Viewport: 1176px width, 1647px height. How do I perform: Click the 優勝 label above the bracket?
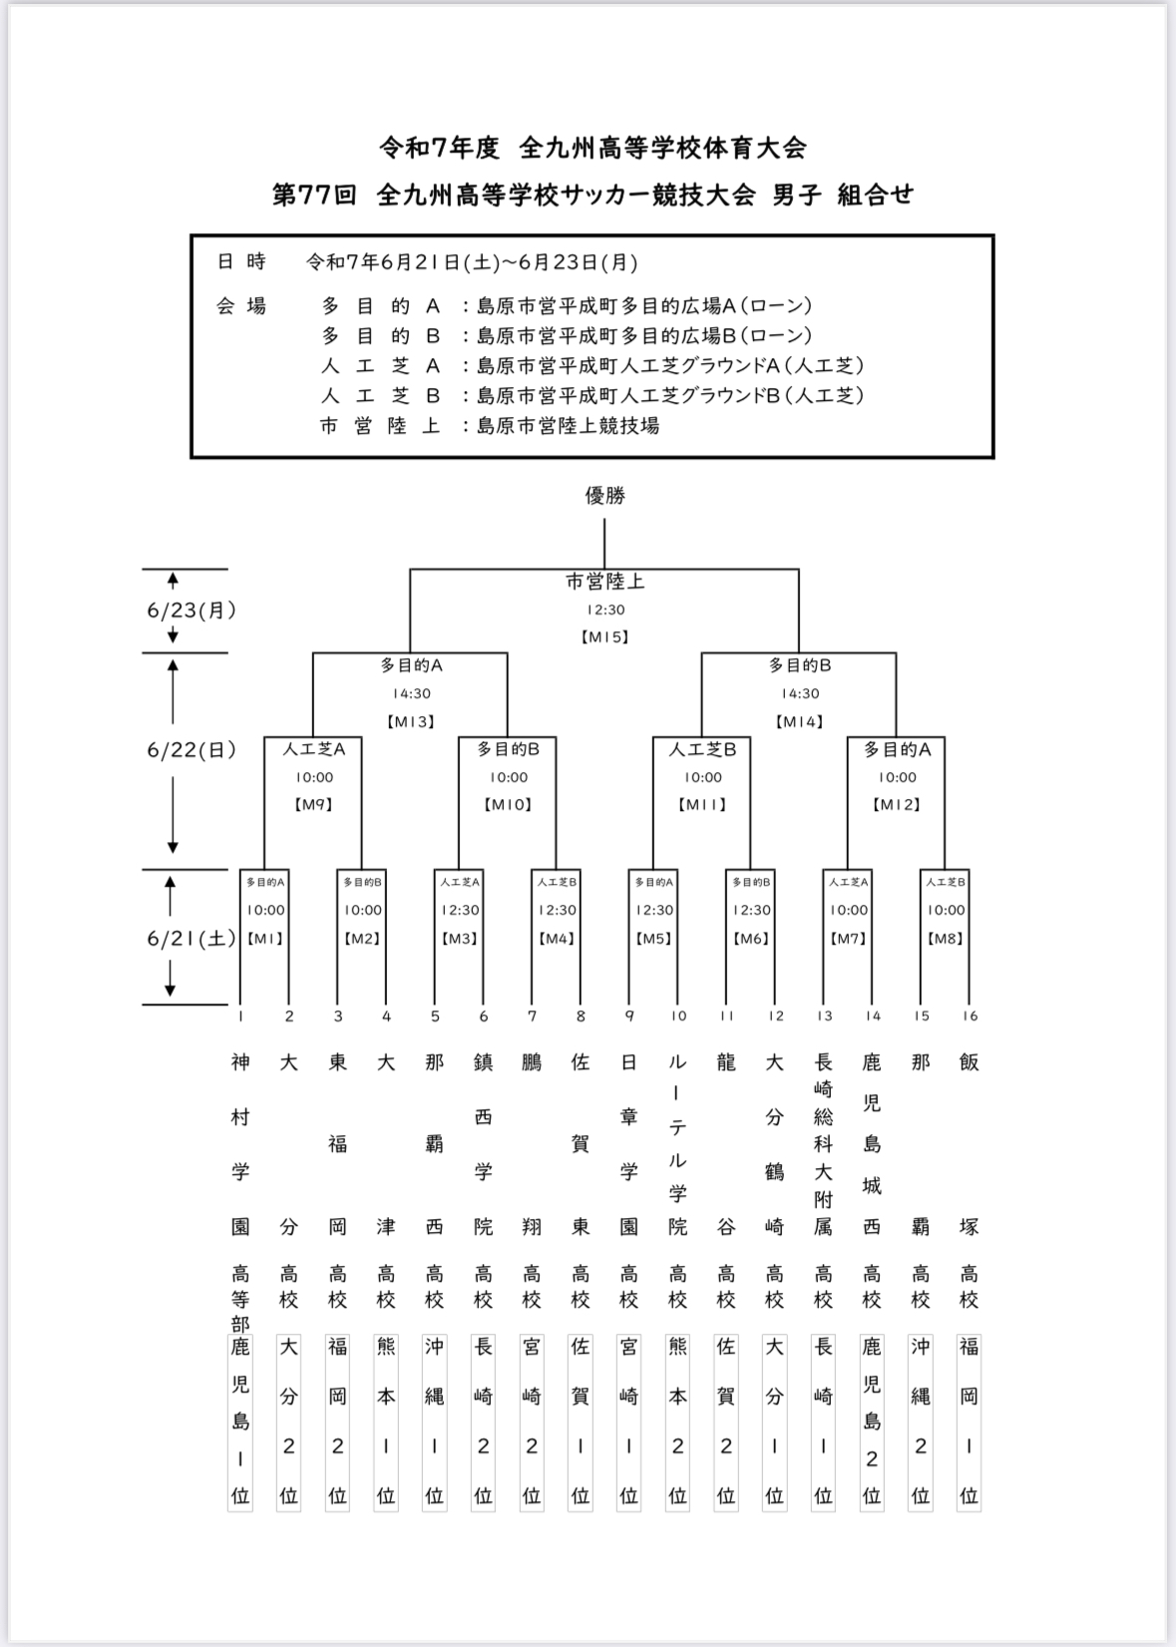(604, 497)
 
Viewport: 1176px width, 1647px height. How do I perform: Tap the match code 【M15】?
(604, 637)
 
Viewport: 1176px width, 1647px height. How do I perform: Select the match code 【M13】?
(411, 722)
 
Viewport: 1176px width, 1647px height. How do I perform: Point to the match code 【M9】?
(314, 805)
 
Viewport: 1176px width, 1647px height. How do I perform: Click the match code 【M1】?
(265, 939)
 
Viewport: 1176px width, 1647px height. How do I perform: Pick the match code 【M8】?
(946, 939)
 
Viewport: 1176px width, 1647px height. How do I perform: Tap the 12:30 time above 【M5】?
(654, 910)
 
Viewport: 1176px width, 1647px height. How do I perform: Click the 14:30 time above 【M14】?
(800, 693)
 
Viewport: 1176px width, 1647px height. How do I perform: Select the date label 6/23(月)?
(192, 611)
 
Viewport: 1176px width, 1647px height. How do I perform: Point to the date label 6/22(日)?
(192, 750)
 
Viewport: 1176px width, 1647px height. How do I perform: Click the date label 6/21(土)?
(192, 939)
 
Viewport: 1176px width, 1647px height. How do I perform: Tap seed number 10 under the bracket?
(678, 1017)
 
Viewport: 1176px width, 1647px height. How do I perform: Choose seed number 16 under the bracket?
(971, 1017)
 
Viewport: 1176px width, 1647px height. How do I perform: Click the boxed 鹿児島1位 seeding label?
(240, 1423)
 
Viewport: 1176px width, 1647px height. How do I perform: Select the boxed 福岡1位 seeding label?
(969, 1423)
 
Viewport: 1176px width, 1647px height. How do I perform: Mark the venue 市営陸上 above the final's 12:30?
(604, 583)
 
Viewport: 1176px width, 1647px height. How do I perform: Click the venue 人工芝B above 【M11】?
(702, 750)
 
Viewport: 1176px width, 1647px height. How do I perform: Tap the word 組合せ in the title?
(876, 195)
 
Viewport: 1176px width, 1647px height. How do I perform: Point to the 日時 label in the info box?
(241, 261)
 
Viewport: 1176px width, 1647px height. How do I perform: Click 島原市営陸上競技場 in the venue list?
(569, 426)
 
